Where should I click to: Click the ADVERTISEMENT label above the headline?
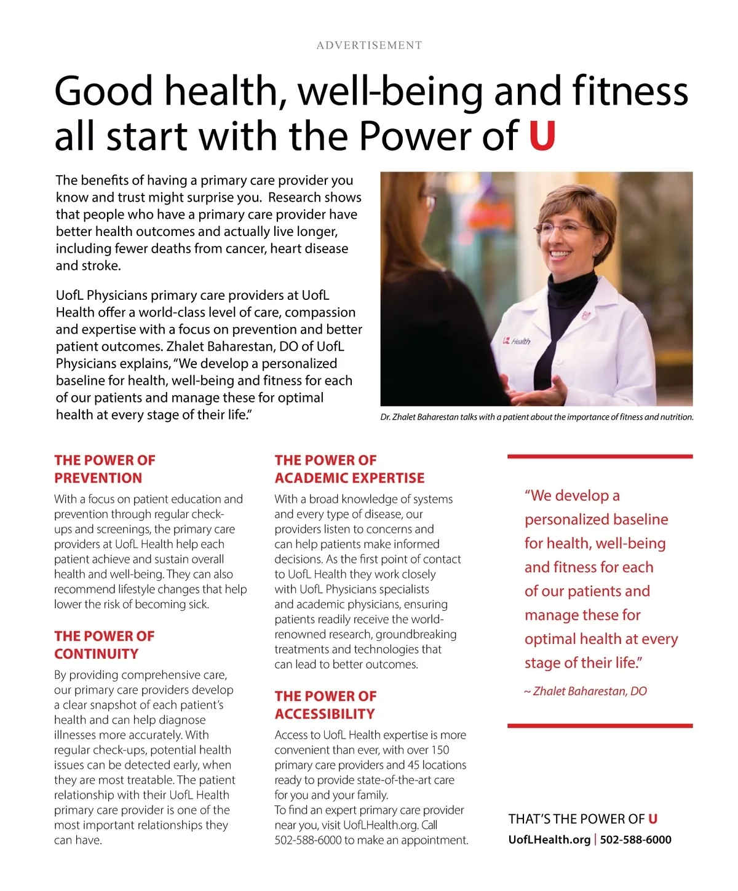369,45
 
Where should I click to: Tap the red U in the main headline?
542,136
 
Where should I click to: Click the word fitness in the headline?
630,91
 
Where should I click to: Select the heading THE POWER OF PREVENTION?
105,469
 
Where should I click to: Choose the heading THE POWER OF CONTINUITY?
105,645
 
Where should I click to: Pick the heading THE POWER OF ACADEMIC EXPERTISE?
349,469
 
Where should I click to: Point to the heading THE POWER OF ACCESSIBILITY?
325,705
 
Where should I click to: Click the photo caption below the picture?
536,417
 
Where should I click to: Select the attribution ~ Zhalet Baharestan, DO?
585,691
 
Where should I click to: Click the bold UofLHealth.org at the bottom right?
549,839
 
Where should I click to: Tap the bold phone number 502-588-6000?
635,839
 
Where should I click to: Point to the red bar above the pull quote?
600,457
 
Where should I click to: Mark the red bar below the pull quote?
600,726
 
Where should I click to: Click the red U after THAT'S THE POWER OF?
653,819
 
